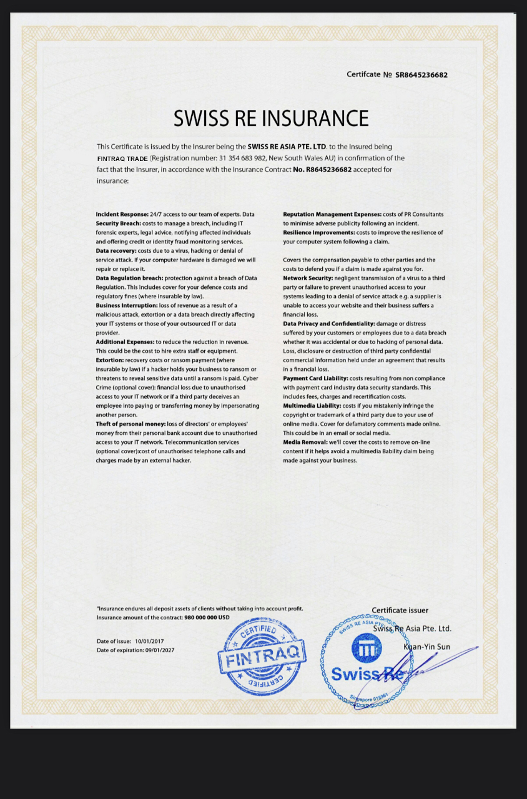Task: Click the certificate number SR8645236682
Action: tap(421, 75)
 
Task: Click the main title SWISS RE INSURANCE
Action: tap(271, 118)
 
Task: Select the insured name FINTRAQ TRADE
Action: tap(122, 159)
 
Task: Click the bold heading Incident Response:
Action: tap(122, 214)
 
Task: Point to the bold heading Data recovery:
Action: tap(116, 250)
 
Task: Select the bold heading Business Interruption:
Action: tap(127, 305)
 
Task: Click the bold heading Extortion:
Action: tap(110, 360)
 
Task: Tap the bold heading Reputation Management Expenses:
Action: tap(332, 214)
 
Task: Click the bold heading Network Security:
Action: tap(308, 278)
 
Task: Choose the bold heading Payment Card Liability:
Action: tap(315, 378)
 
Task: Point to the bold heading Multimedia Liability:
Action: tap(312, 406)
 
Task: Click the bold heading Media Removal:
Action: tap(305, 442)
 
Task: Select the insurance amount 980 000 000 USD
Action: tap(207, 617)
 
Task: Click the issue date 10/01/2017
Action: tap(149, 641)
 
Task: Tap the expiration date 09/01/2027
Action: tap(159, 650)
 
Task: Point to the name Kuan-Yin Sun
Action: tap(426, 647)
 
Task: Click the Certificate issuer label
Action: tap(400, 610)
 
